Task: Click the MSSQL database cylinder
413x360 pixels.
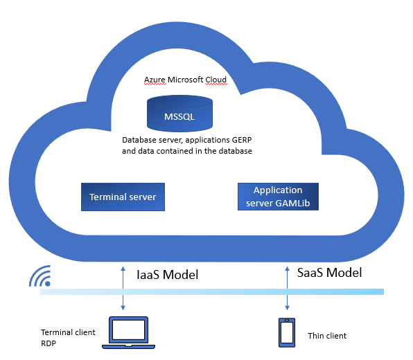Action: click(179, 114)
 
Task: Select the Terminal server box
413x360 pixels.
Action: click(123, 197)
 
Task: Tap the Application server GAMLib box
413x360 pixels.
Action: click(278, 197)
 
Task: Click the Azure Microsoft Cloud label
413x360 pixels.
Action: click(186, 80)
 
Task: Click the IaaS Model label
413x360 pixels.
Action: click(168, 275)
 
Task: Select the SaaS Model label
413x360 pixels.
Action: click(330, 273)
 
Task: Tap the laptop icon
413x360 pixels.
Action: click(128, 333)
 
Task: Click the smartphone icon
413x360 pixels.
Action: click(287, 332)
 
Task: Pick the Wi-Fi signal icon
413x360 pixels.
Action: click(40, 276)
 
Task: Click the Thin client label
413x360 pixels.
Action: click(327, 336)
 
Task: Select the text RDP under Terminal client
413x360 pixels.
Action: click(49, 343)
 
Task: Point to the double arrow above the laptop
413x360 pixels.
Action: click(123, 288)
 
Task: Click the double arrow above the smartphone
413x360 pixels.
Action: click(288, 288)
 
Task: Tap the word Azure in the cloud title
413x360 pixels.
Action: click(155, 80)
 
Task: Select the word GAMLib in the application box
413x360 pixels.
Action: click(292, 203)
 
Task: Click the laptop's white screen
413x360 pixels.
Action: click(128, 330)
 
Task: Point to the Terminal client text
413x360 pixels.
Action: click(68, 332)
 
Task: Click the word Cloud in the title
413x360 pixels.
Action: click(216, 80)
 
